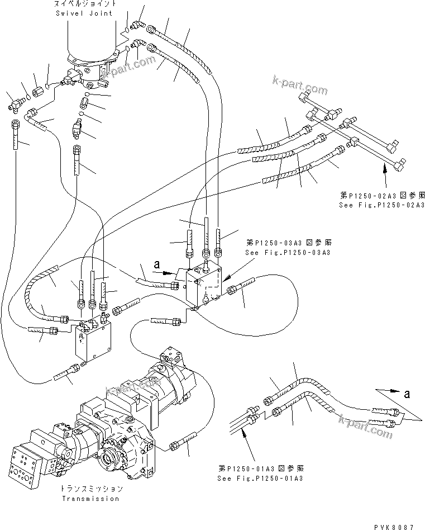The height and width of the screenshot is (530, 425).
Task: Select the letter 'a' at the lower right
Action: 407,394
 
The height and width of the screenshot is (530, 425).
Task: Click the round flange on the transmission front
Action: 110,463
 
